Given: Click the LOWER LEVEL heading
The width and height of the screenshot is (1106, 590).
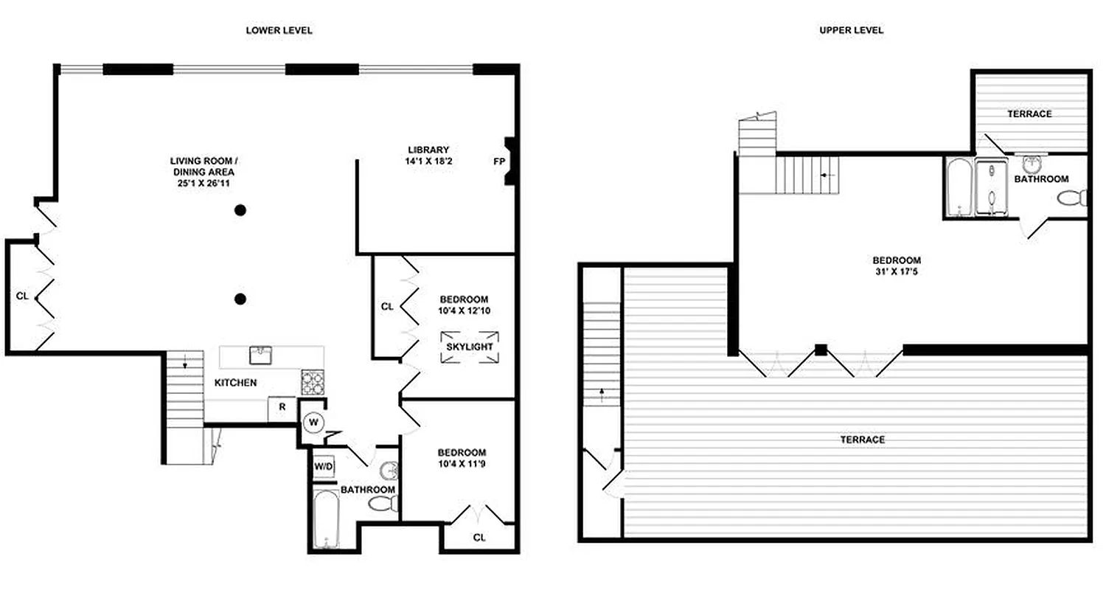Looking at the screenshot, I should (279, 30).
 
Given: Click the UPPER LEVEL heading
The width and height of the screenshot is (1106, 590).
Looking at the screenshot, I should (851, 30).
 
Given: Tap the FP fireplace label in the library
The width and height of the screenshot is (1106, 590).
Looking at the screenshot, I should (498, 160).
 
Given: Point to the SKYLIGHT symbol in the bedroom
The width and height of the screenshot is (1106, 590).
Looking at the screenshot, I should (468, 347).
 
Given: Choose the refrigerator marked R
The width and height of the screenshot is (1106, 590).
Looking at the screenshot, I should (282, 406).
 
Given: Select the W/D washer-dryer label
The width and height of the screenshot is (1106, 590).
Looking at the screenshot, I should (322, 466).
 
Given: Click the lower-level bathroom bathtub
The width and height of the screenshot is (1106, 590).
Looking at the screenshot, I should (324, 520).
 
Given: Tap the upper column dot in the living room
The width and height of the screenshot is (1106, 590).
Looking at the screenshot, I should (240, 210).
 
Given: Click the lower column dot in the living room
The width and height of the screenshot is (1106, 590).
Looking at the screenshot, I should (240, 299).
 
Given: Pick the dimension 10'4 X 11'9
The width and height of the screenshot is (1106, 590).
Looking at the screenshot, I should (462, 464).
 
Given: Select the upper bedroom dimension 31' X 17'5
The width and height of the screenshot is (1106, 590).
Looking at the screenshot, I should (897, 271).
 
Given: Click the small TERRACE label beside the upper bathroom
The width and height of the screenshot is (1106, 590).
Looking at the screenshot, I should (1029, 114).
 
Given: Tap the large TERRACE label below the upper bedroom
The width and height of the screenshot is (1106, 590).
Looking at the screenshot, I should (863, 440).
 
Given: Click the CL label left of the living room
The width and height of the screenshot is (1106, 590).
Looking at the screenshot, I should (22, 296).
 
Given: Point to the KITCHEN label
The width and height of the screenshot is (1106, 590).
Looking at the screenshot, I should (235, 383).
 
